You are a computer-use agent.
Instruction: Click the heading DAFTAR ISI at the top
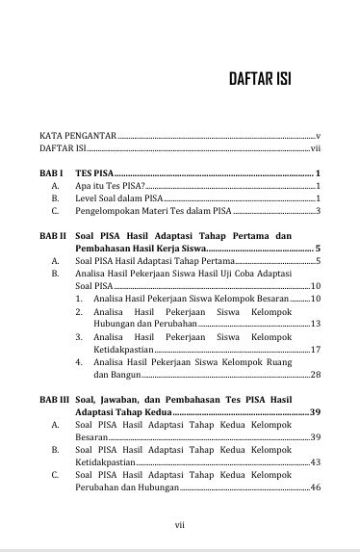pos(260,78)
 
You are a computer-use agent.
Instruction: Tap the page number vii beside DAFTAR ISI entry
pos(314,149)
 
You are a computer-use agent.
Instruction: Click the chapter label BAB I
pos(51,172)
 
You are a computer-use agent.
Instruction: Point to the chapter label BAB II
pos(53,236)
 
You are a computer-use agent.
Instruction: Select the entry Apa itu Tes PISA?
pos(111,185)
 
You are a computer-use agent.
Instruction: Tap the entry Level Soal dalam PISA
pos(118,197)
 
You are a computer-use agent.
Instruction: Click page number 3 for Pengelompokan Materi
pos(318,210)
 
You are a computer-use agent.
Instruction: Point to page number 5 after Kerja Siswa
pos(318,249)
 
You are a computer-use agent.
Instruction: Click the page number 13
pos(315,324)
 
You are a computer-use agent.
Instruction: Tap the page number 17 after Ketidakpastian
pos(315,349)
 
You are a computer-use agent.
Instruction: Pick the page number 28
pos(315,374)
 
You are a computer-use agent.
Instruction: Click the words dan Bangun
pos(116,374)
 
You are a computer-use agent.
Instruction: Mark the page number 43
pos(315,462)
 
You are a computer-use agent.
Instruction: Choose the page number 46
pos(315,487)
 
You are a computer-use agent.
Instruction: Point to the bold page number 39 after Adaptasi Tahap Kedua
pos(314,412)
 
